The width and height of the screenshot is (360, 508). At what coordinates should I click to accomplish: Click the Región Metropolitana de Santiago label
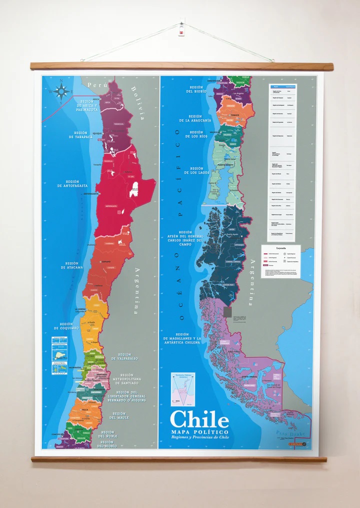coord(126,379)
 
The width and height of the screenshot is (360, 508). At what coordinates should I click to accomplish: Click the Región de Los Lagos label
coord(190,171)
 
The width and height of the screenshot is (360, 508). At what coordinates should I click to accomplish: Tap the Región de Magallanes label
coord(181,339)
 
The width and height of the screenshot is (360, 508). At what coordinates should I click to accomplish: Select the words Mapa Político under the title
coord(199,432)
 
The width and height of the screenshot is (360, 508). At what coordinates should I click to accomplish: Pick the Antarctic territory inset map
coord(182,389)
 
